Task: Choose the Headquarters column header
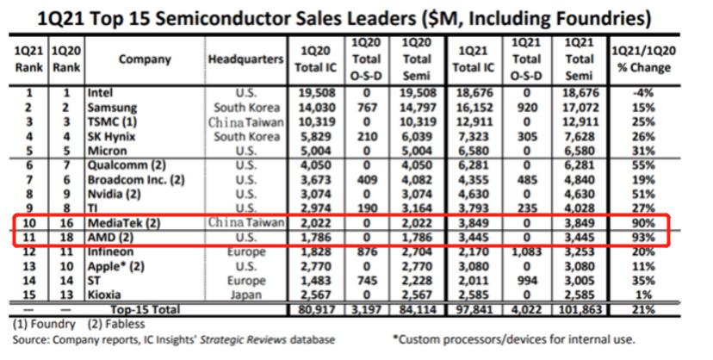(245, 59)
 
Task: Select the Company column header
(144, 59)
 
